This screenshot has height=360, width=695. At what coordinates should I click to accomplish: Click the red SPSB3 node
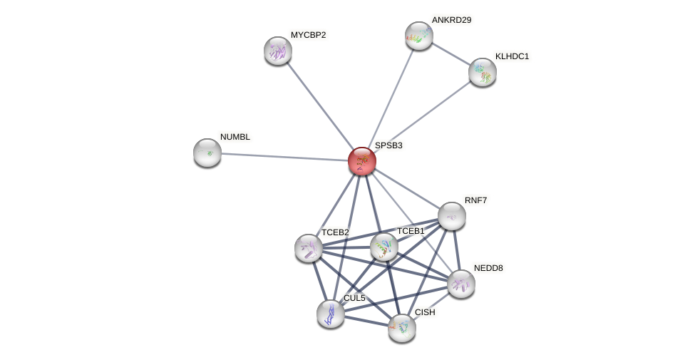click(362, 161)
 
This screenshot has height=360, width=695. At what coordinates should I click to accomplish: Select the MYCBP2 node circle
click(278, 51)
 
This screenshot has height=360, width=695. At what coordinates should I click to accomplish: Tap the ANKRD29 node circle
click(419, 36)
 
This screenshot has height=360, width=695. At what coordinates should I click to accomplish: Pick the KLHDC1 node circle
click(483, 72)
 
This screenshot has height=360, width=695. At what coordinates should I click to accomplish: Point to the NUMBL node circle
click(207, 153)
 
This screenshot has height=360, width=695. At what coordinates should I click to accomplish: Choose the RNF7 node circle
click(452, 216)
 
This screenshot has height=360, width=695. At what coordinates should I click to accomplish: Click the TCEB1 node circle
click(384, 247)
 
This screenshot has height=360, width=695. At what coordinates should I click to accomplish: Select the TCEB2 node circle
click(309, 248)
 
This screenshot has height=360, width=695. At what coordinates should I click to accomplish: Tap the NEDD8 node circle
click(461, 284)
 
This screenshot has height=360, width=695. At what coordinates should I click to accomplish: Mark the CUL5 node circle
click(331, 314)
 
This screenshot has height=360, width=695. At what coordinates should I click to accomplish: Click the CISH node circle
click(402, 328)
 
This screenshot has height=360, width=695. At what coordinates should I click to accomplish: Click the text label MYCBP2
click(308, 35)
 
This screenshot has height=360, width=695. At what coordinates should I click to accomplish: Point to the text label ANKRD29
click(451, 20)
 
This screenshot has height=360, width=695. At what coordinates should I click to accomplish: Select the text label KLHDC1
click(512, 56)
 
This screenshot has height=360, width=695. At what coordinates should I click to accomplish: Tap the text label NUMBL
click(235, 137)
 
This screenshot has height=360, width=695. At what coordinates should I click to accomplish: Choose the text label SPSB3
click(388, 145)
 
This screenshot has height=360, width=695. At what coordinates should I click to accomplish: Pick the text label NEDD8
click(488, 268)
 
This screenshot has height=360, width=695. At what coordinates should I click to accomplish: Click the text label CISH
click(425, 312)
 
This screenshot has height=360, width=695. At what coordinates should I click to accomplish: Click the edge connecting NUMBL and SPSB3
click(285, 157)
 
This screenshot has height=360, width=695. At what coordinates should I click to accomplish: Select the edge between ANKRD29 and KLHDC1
click(451, 53)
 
